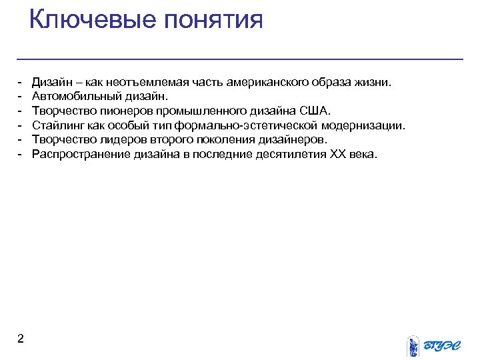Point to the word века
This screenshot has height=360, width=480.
pos(364,155)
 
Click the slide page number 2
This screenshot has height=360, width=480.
pos(21,339)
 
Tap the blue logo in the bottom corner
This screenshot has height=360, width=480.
pos(434,344)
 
